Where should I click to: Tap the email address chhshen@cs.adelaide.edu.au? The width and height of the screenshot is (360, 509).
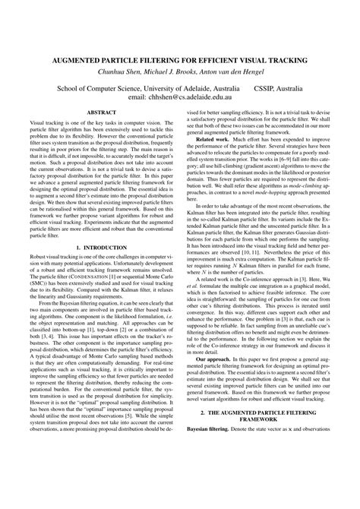coord(196,98)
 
